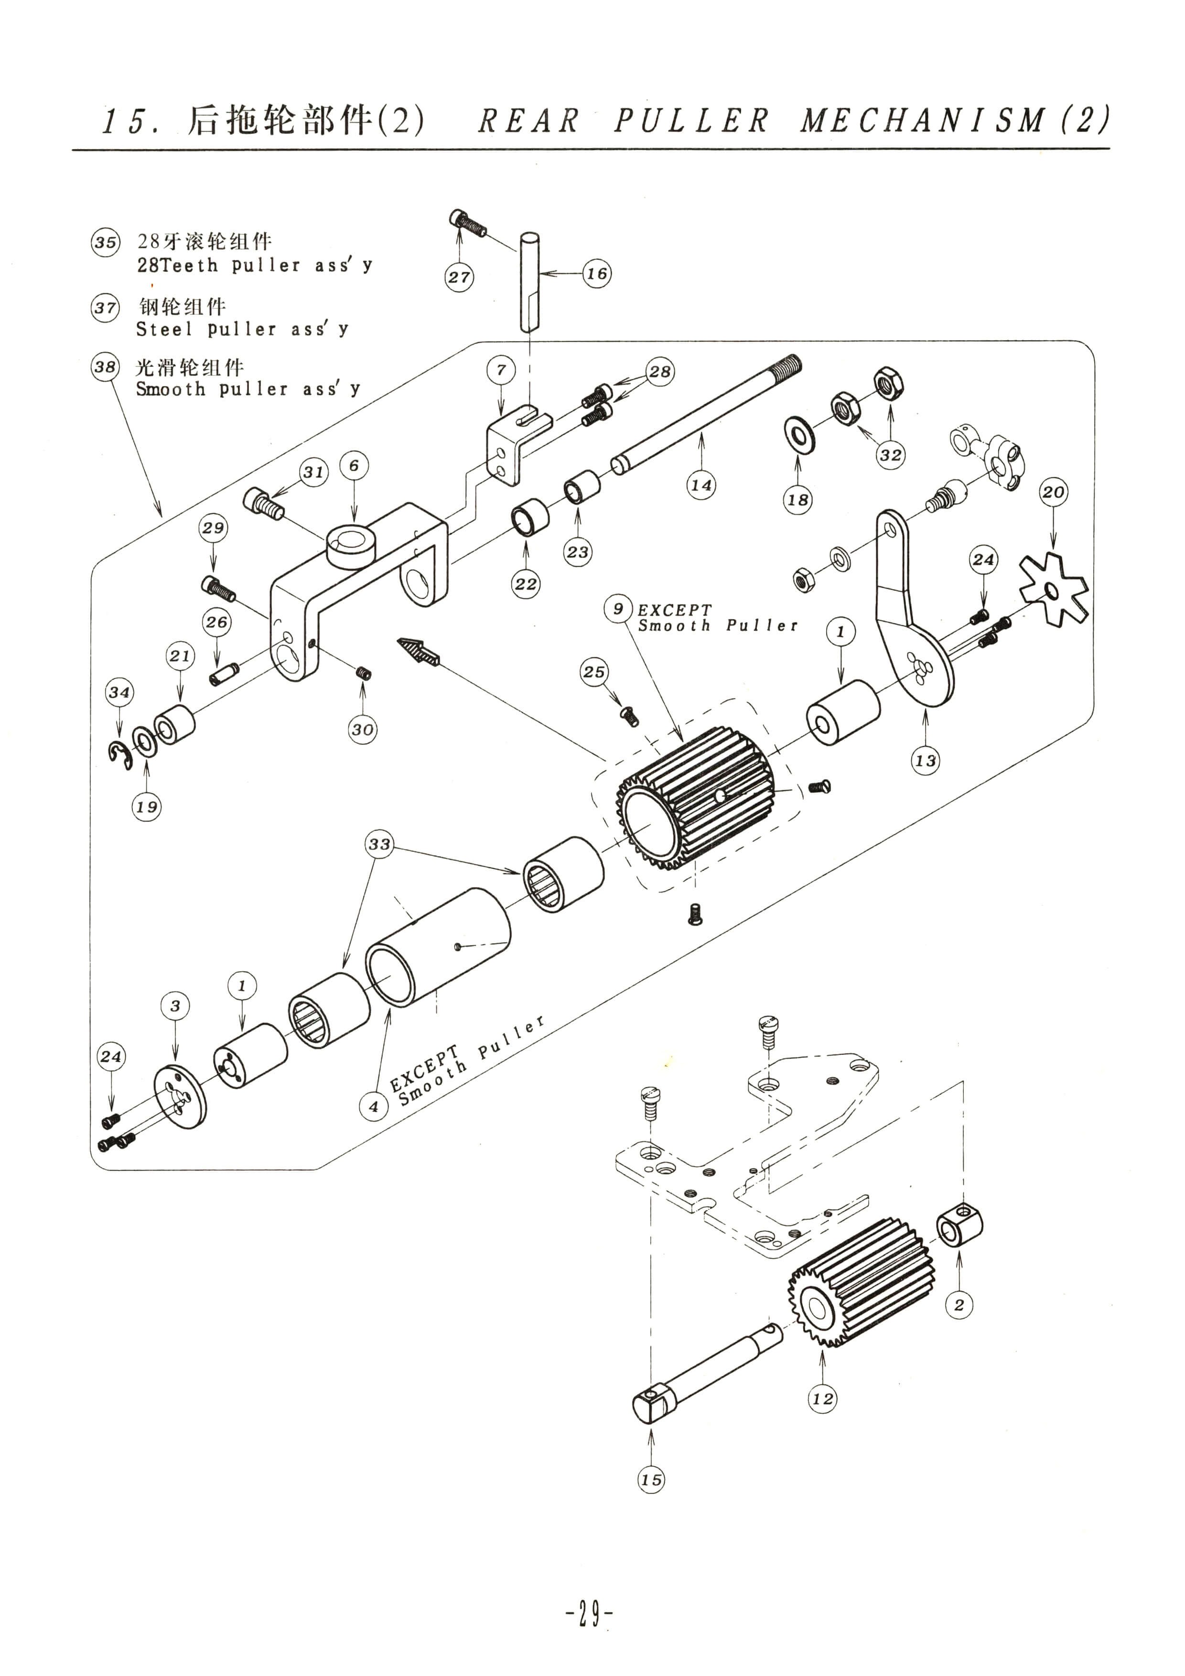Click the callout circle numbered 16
(x=596, y=274)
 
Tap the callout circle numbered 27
(x=459, y=278)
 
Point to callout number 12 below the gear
(x=822, y=1398)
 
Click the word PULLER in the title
(x=691, y=120)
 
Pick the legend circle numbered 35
(x=105, y=242)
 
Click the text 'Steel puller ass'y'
(x=242, y=329)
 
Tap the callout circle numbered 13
(x=925, y=761)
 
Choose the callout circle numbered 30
(x=363, y=729)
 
